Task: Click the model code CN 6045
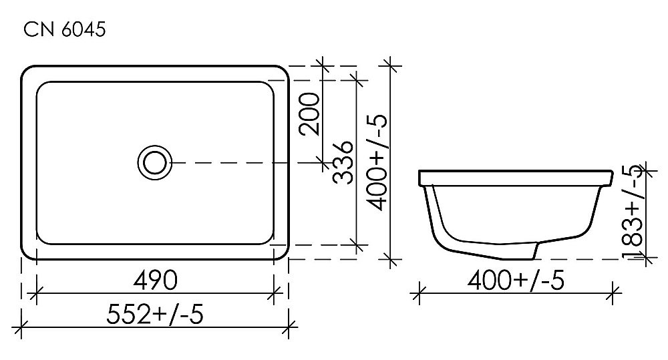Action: (x=64, y=31)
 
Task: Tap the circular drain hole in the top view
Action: (x=154, y=162)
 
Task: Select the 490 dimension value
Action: (x=155, y=280)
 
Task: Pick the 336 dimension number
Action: (x=343, y=162)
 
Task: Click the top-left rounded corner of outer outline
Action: (x=28, y=72)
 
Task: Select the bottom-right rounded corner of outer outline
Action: (x=282, y=252)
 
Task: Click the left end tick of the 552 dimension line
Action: (x=23, y=327)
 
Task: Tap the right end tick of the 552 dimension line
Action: (x=288, y=327)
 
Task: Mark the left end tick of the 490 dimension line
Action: (x=36, y=291)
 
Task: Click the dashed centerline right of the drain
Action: (x=240, y=162)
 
